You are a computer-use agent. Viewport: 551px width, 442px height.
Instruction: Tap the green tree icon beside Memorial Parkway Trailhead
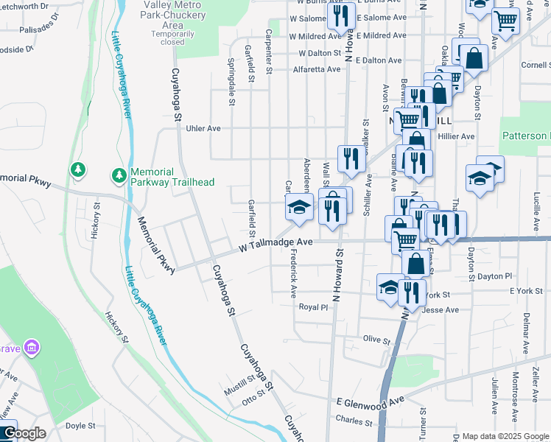click(118, 175)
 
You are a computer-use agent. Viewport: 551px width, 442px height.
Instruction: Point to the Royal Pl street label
click(313, 308)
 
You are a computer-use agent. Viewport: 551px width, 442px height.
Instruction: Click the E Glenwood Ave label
click(371, 401)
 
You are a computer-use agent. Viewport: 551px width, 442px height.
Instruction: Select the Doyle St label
click(81, 426)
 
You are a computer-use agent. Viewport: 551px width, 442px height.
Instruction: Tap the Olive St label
click(376, 340)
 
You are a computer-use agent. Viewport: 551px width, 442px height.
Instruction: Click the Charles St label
click(354, 421)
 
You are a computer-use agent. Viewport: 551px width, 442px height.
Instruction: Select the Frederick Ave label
click(294, 272)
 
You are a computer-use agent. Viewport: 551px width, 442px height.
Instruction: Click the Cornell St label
click(535, 65)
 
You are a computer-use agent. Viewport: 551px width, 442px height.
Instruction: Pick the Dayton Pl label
click(494, 276)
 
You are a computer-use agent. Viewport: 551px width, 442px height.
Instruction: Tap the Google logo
click(24, 434)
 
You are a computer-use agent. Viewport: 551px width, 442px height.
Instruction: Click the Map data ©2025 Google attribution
click(505, 436)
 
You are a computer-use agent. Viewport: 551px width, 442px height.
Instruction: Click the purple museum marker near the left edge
click(31, 346)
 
